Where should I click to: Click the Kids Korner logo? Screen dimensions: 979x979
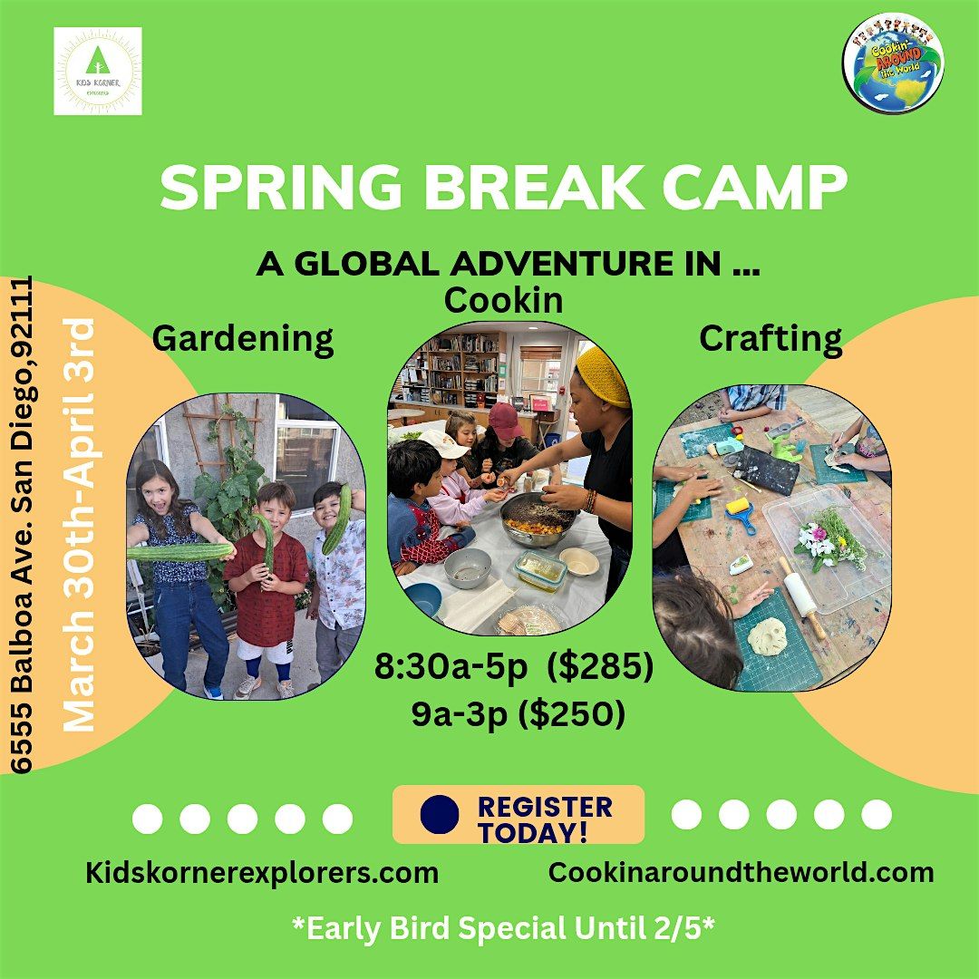pyautogui.click(x=98, y=72)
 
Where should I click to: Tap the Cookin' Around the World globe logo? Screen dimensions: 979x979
pyautogui.click(x=894, y=63)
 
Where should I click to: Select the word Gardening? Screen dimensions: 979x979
pyautogui.click(x=243, y=339)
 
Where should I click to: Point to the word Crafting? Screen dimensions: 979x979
pyautogui.click(x=770, y=338)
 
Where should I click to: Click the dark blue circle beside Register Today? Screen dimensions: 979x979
pyautogui.click(x=441, y=814)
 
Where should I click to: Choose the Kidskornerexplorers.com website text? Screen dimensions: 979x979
pyautogui.click(x=262, y=873)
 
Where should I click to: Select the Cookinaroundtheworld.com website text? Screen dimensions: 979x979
pyautogui.click(x=741, y=872)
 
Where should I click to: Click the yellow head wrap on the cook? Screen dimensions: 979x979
pyautogui.click(x=602, y=374)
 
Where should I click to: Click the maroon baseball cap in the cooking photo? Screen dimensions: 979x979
pyautogui.click(x=505, y=419)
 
